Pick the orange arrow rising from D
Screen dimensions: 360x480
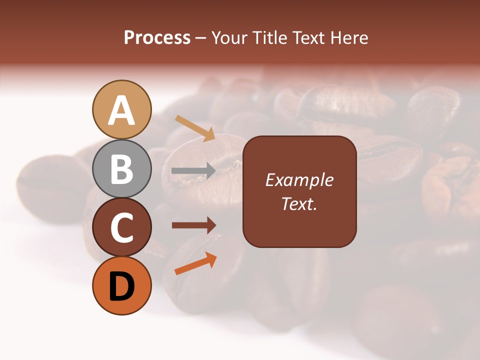point(195,263)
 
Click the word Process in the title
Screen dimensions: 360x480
point(157,37)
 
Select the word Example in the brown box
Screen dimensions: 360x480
point(299,180)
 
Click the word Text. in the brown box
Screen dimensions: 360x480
point(299,203)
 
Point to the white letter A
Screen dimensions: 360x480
point(122,110)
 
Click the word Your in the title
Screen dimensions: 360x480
point(229,37)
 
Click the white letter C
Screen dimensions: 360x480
point(122,228)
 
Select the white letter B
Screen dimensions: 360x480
point(122,169)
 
